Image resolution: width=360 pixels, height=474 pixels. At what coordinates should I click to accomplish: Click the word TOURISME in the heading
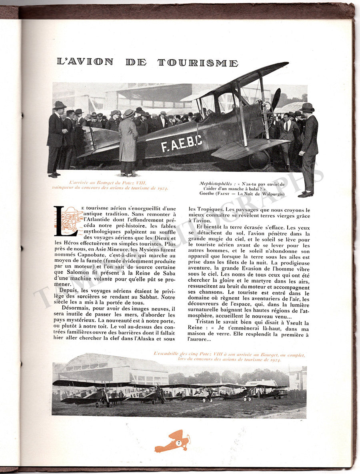pyautogui.click(x=198, y=62)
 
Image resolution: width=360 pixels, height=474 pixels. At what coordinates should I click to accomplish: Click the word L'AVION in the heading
pyautogui.click(x=85, y=62)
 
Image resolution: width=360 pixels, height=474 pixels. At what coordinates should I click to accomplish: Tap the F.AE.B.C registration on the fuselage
pyautogui.click(x=181, y=143)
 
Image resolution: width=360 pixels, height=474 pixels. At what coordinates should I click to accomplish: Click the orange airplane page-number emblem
pyautogui.click(x=172, y=442)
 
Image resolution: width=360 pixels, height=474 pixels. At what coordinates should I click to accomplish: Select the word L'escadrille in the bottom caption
pyautogui.click(x=167, y=354)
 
